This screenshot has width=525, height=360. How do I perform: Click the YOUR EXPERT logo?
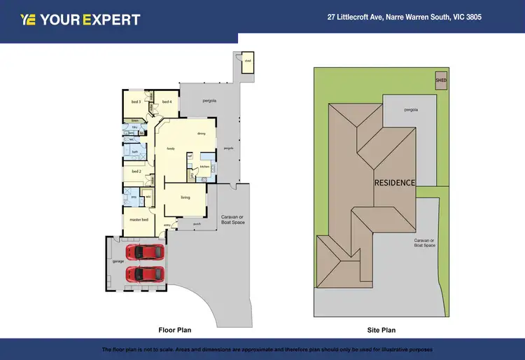80,20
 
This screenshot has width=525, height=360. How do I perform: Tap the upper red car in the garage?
145,251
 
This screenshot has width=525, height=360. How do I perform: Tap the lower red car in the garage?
145,273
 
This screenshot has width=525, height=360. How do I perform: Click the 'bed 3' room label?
136,102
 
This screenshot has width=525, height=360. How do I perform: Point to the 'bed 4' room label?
167,102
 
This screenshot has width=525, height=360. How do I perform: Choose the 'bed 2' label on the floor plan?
136,171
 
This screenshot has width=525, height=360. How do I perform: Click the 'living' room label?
185,198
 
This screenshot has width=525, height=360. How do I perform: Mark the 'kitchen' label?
205,167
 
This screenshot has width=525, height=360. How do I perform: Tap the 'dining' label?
201,133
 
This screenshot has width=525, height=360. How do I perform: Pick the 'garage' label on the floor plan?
118,261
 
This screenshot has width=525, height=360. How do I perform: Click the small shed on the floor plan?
248,62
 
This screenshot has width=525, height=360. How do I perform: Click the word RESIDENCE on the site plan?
394,182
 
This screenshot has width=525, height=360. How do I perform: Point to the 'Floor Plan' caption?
174,329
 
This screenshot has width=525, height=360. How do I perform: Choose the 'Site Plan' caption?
382,329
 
